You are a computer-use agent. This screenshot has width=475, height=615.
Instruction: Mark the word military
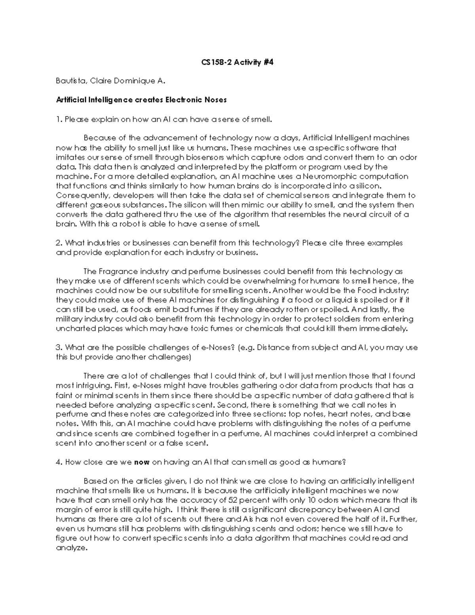(70, 319)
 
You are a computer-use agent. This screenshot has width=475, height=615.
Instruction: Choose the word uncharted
(74, 329)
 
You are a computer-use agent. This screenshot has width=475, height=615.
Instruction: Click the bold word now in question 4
(142, 462)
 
